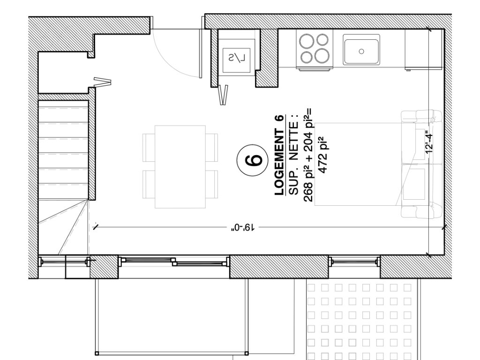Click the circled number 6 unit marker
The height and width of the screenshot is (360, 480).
pos(253,160)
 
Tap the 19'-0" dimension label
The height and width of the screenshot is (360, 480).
pos(243,227)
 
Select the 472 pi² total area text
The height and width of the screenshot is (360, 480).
pos(323,155)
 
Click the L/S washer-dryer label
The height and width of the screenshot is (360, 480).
pos(237,57)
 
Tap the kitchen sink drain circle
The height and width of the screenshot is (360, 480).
pos(361,51)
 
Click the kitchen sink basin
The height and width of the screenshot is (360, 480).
pos(361,50)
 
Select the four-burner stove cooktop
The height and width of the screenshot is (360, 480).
pos(315,48)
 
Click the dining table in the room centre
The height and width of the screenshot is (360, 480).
pos(180,166)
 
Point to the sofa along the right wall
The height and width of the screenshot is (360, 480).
pos(422,164)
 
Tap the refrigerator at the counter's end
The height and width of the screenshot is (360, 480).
pos(424,49)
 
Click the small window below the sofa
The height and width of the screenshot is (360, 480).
pos(354,262)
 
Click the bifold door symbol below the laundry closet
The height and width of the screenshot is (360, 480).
pos(224,95)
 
